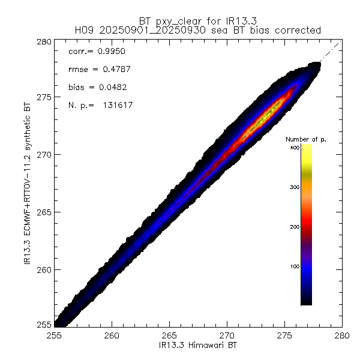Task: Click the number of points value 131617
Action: tap(117, 106)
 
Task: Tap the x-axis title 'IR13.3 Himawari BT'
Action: tap(198, 346)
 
